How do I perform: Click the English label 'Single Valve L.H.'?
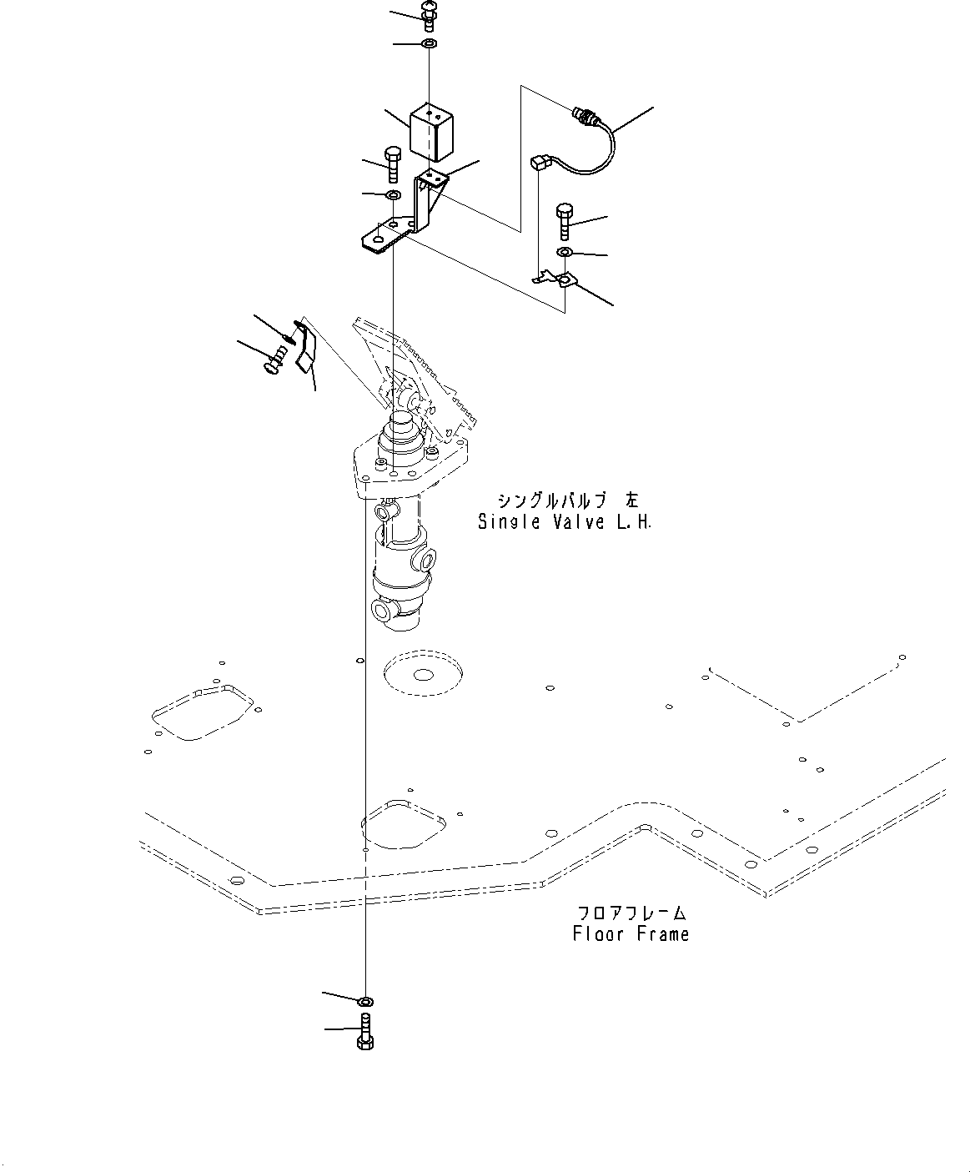(565, 522)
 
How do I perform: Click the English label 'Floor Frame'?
(631, 933)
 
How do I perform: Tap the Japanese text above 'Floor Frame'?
(631, 913)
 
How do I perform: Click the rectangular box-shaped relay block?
(431, 132)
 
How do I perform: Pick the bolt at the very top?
(430, 16)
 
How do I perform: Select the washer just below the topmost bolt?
(429, 43)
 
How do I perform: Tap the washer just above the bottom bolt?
(365, 1000)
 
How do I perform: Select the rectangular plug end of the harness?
(540, 164)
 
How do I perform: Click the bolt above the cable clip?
(565, 219)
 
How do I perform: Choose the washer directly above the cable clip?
(565, 252)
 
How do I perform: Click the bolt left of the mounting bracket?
(392, 163)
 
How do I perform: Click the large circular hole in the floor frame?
(423, 672)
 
